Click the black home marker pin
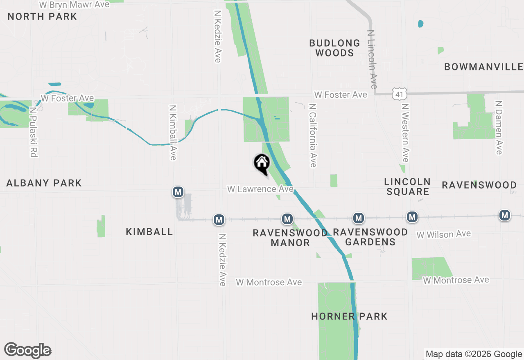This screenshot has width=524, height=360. click(262, 164)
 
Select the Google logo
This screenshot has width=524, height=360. click(28, 350)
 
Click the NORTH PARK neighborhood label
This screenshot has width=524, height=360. click(42, 17)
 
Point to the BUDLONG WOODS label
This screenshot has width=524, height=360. click(334, 48)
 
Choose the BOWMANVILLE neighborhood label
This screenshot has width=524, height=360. click(483, 67)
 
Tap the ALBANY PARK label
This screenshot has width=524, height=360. click(44, 183)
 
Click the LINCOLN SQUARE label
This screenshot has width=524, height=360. click(408, 187)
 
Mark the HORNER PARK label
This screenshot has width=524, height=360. click(349, 316)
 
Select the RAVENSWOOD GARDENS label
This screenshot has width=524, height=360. click(370, 237)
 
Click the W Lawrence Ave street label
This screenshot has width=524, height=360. click(260, 189)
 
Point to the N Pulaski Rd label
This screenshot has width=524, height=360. click(33, 132)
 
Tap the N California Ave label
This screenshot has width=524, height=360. click(313, 135)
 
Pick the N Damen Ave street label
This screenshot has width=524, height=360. click(498, 128)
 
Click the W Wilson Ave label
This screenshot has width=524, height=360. click(443, 234)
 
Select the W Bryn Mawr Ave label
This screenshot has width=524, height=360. click(75, 4)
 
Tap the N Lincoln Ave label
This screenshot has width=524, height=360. click(372, 59)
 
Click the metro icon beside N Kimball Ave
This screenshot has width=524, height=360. click(178, 191)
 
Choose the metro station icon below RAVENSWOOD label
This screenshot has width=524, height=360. click(505, 215)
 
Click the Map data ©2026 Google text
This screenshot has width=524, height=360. click(474, 354)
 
